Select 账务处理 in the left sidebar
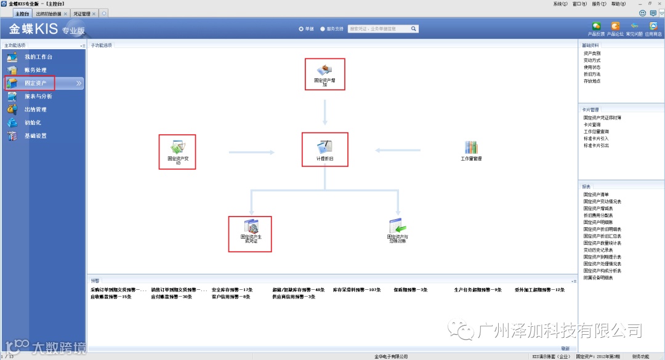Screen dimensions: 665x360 click(x=35, y=70)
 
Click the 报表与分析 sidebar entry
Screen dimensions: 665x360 click(x=38, y=97)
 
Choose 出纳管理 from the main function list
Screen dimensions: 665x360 click(x=35, y=110)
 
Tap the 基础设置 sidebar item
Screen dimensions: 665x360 click(x=35, y=136)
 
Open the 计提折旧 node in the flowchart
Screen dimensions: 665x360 click(x=324, y=147)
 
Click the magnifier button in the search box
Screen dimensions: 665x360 click(x=414, y=28)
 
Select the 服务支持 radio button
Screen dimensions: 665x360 click(x=323, y=28)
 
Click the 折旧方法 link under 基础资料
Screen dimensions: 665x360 click(x=592, y=74)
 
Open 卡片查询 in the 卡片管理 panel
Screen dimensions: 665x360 click(x=592, y=124)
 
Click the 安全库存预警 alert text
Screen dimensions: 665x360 click(x=232, y=289)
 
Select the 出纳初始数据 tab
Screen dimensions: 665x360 click(x=48, y=13)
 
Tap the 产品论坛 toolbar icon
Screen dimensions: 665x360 click(x=615, y=26)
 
